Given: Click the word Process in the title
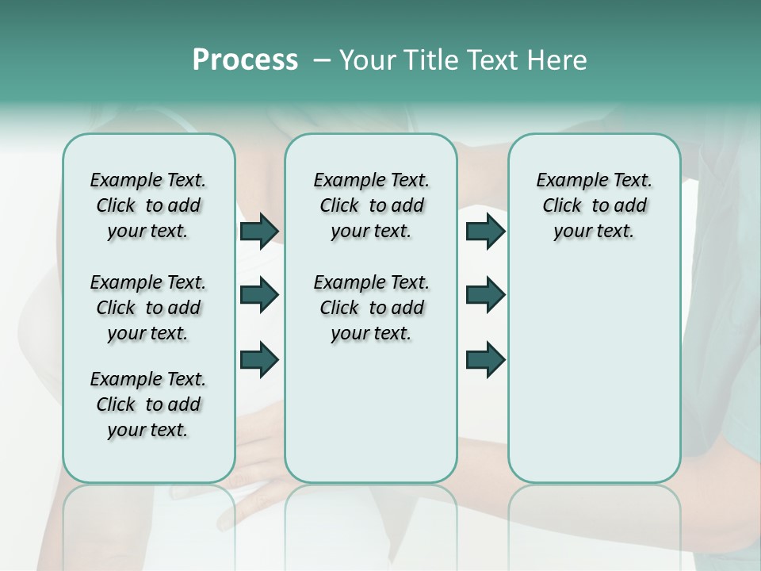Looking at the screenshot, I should (245, 60).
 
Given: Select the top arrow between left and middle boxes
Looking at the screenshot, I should (259, 231).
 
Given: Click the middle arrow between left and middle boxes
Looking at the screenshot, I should (259, 295).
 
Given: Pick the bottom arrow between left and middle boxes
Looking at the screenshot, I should (259, 359).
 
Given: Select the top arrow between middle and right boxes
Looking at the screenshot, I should (485, 231).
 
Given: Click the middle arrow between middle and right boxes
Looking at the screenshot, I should (485, 295).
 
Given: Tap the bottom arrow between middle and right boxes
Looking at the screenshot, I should (485, 359).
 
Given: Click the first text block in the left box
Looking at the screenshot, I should (148, 205).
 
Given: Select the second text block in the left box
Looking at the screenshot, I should (148, 308).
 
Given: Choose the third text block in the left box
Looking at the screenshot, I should (148, 404).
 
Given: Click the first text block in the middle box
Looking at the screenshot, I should (371, 205).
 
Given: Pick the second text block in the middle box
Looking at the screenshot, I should (371, 308).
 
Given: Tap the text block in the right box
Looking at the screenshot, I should (594, 205).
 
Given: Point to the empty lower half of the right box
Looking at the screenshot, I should (594, 373).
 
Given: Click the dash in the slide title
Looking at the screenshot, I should (322, 60).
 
